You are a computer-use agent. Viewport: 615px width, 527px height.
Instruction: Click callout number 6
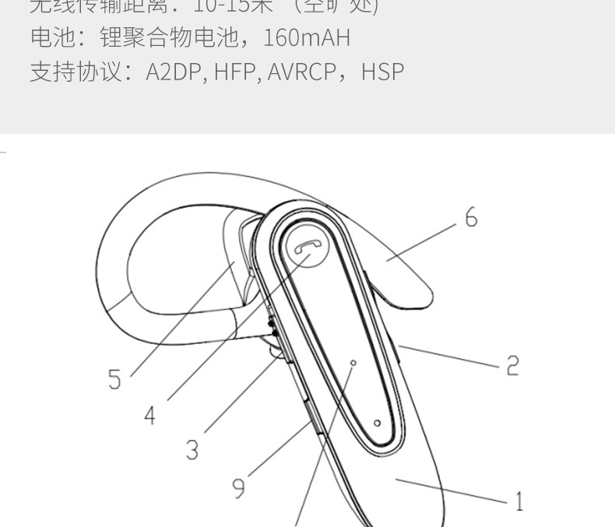click(x=471, y=217)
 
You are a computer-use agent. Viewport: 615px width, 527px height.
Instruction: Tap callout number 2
click(x=511, y=364)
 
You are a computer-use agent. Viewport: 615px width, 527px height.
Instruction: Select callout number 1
click(x=518, y=500)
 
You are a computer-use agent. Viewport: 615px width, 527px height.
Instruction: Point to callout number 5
click(x=115, y=379)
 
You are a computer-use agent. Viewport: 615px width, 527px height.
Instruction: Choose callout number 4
click(x=149, y=415)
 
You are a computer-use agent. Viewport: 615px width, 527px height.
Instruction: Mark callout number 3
click(x=192, y=449)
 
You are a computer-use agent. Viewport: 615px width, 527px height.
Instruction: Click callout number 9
click(x=238, y=487)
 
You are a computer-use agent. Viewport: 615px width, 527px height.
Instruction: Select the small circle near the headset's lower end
click(x=377, y=423)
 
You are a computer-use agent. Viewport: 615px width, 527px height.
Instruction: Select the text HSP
click(x=382, y=72)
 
